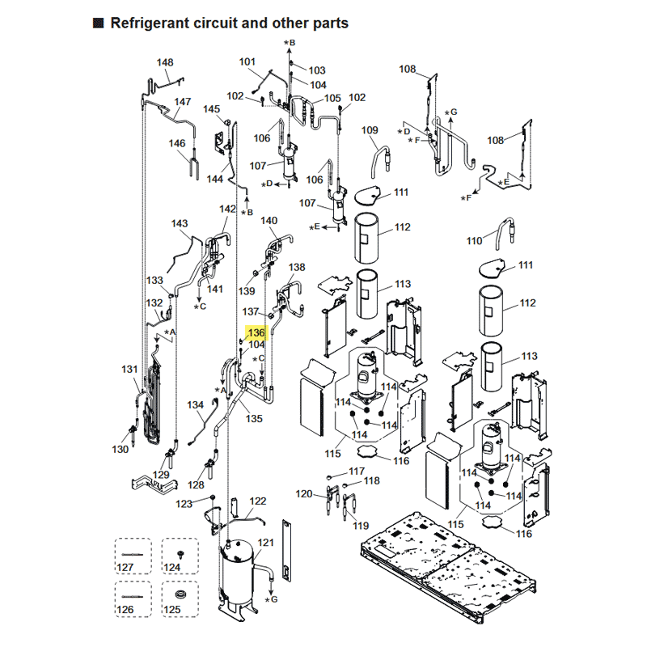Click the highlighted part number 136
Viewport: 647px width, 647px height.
(x=256, y=333)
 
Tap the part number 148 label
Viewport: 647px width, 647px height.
(x=165, y=63)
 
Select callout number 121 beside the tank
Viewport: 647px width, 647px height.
(x=266, y=542)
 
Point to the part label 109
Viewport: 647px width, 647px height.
(x=370, y=130)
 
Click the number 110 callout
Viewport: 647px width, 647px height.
(x=475, y=241)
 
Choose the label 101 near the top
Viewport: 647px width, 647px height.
(x=247, y=62)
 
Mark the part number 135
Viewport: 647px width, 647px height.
(x=255, y=419)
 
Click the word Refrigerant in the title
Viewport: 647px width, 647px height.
(x=152, y=23)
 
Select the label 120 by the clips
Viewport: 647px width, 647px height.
(x=303, y=493)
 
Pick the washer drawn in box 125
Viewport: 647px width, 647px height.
(x=181, y=596)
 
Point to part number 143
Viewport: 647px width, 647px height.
(x=180, y=223)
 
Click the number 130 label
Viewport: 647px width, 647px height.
(x=120, y=449)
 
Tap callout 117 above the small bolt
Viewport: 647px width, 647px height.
(x=357, y=471)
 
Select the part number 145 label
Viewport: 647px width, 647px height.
(x=211, y=109)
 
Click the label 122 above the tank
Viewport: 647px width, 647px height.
(x=258, y=501)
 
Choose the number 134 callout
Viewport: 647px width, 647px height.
(x=196, y=404)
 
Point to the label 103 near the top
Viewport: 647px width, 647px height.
(x=316, y=70)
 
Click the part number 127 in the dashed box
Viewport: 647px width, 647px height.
(x=125, y=567)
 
